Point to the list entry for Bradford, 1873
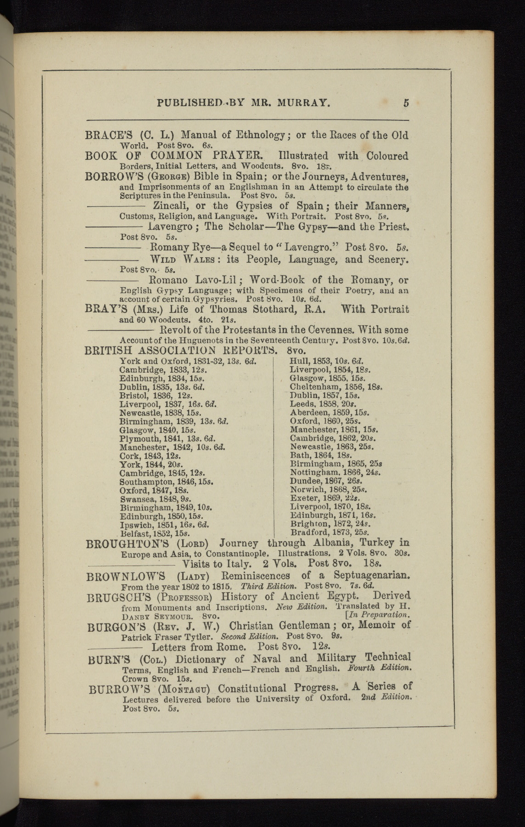[x=330, y=532]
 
